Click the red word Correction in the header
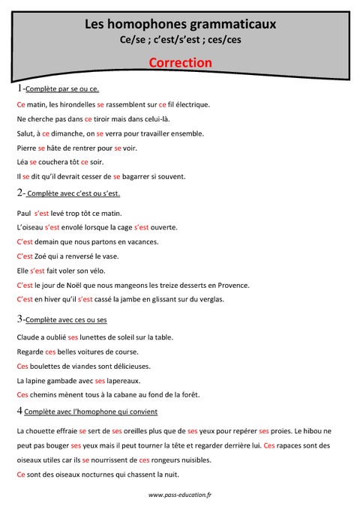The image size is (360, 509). click(180, 63)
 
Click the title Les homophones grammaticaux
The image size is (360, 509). click(180, 25)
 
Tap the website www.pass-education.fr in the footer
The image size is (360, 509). click(180, 495)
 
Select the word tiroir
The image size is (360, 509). click(108, 119)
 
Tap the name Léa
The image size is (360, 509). click(22, 162)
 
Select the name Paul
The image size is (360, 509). click(23, 214)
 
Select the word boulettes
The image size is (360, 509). click(48, 366)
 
